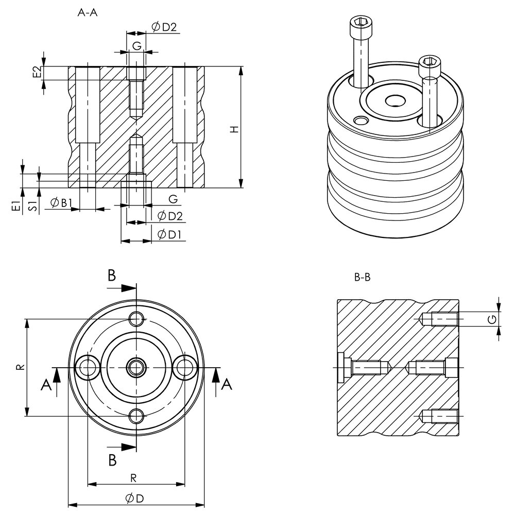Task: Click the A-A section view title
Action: pos(87,14)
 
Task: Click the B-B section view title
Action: pos(363,278)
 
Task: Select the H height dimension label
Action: pos(234,129)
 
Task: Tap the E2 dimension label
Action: pos(36,72)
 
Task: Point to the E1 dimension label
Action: pos(17,206)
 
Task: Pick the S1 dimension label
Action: pos(32,206)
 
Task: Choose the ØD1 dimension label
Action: pos(167,235)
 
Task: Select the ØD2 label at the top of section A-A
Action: pos(164,27)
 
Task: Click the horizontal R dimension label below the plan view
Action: pos(133,478)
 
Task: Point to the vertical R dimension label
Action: pos(19,368)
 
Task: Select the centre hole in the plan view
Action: pos(136,367)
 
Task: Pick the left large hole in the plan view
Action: pos(89,367)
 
